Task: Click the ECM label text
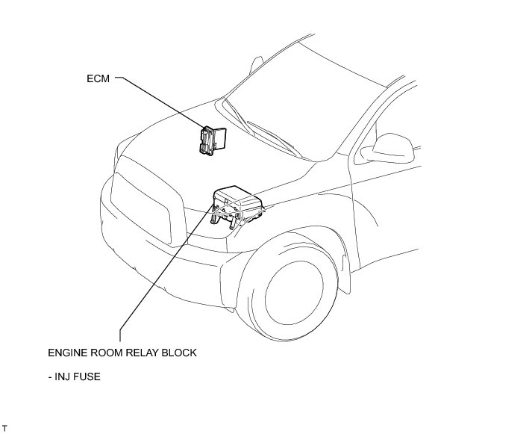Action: [98, 77]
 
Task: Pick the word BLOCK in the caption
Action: [181, 353]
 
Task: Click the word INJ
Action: [66, 377]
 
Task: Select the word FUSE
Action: [89, 377]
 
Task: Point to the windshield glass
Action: [298, 97]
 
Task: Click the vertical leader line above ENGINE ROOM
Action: [119, 329]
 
